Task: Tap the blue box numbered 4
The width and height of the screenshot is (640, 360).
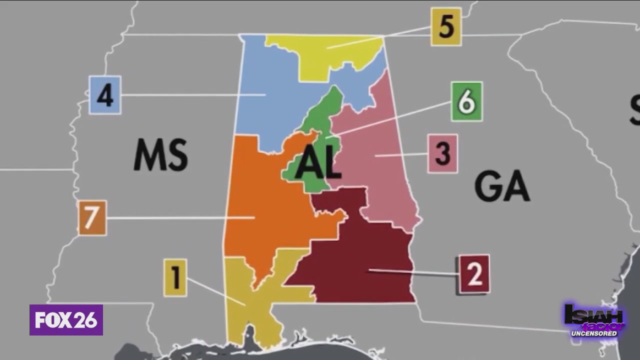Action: tap(104, 95)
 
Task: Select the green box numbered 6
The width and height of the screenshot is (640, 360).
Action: tap(466, 101)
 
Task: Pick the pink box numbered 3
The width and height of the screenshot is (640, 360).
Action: tap(442, 153)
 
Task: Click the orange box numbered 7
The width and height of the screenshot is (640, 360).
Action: tap(92, 218)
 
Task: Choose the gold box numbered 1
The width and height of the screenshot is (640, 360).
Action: tap(175, 277)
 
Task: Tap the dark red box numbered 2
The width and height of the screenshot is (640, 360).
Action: tap(474, 274)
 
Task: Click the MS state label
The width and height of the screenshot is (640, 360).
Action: tap(160, 154)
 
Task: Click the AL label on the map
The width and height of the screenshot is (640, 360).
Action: tap(318, 164)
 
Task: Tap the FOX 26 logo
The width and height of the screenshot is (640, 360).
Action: tap(66, 320)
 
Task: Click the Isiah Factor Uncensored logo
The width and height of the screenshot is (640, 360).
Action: tap(594, 320)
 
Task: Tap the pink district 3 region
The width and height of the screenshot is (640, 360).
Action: tap(380, 170)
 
